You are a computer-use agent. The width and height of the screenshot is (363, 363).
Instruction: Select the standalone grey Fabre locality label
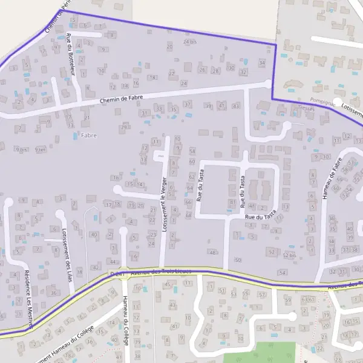(88, 136)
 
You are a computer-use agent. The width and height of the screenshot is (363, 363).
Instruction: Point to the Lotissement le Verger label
(164, 206)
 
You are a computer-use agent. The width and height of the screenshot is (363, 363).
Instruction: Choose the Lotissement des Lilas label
(66, 249)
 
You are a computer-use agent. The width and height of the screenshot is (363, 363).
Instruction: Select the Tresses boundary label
(307, 108)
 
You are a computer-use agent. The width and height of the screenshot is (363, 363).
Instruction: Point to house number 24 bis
(190, 42)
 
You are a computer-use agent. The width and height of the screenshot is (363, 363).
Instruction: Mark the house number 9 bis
(22, 149)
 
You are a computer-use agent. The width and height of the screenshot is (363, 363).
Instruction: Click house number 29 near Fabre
(123, 127)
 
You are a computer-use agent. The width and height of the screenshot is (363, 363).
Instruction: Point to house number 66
(188, 201)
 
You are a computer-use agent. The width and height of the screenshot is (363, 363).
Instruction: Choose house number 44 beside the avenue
(113, 261)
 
